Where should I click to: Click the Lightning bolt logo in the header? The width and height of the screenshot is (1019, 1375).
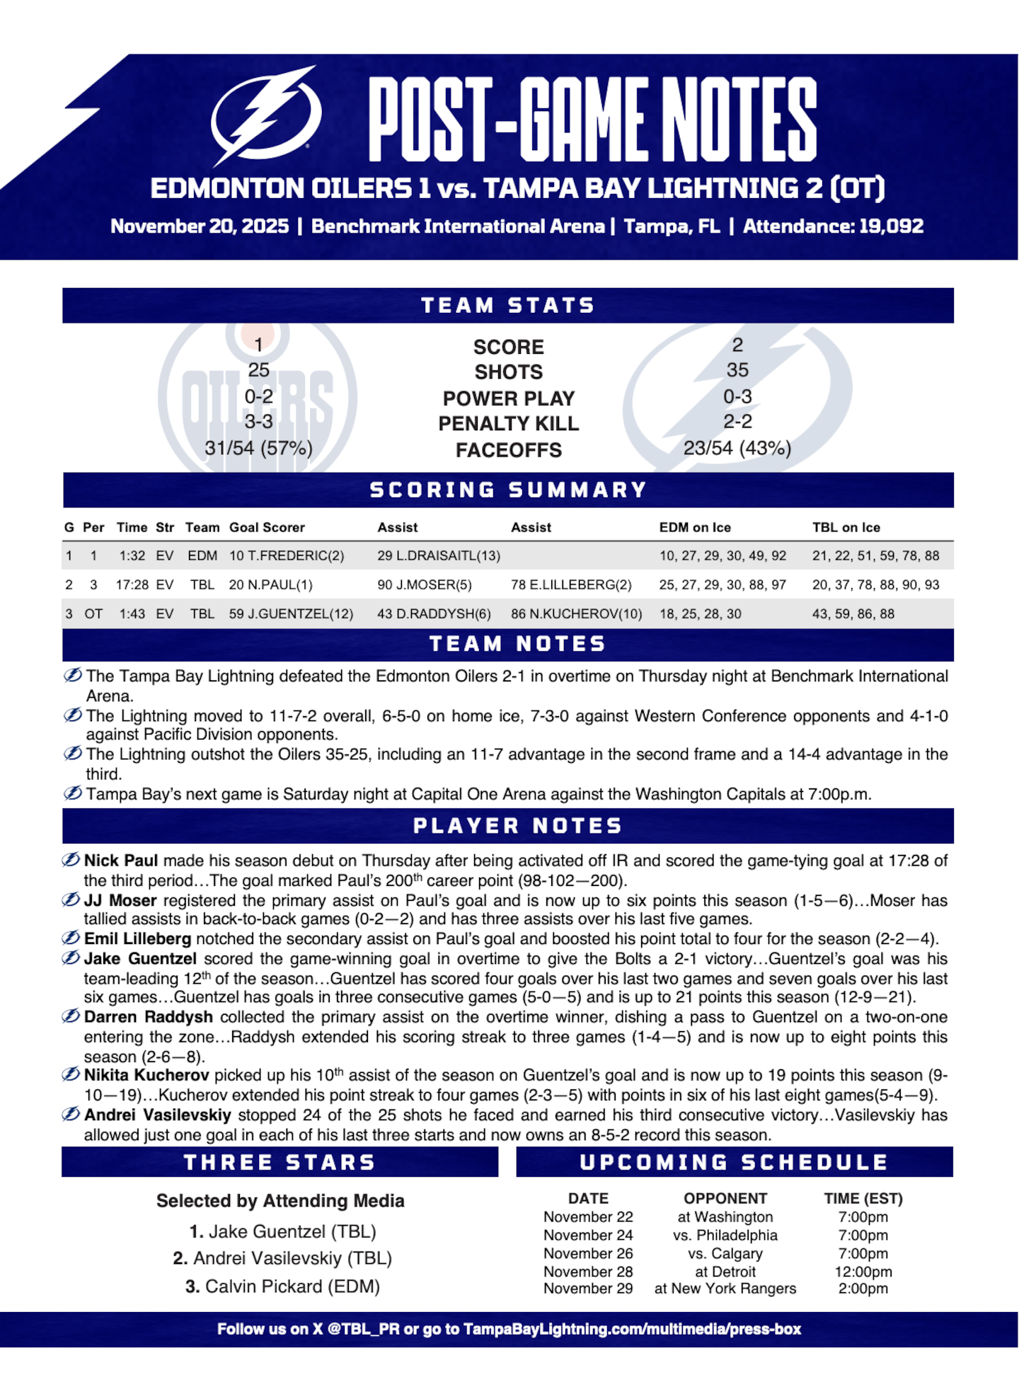[x=266, y=115]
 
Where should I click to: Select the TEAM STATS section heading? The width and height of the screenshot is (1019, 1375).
[x=508, y=306]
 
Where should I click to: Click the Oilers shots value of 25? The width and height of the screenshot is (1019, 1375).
[x=258, y=370]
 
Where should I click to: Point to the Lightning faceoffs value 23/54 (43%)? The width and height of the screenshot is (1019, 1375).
[x=737, y=448]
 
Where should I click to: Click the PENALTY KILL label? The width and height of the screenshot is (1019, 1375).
[x=508, y=423]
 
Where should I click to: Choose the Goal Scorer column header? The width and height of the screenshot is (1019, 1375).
[x=267, y=527]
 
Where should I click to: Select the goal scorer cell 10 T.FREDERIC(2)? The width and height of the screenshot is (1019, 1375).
[x=287, y=556]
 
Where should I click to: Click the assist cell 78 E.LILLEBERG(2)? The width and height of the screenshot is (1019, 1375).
[x=571, y=585]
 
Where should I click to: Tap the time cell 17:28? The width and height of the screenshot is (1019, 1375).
[x=132, y=585]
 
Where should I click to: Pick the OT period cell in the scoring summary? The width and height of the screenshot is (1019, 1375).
[x=93, y=614]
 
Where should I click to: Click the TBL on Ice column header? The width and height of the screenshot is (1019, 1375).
[x=846, y=527]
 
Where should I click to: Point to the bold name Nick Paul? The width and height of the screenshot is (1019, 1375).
[x=121, y=861]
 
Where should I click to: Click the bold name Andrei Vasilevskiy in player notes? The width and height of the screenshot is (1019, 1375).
[x=157, y=1115]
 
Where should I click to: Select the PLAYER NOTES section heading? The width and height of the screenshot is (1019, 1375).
[x=517, y=826]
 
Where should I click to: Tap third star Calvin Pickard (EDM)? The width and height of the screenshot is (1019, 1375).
[x=283, y=1287]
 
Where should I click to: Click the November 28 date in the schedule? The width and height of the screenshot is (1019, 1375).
[x=588, y=1272]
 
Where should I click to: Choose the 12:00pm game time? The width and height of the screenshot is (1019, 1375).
[x=863, y=1272]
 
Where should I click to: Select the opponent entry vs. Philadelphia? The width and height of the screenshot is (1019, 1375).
[x=725, y=1236]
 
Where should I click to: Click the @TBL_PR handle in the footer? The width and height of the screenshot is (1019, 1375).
[x=364, y=1329]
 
